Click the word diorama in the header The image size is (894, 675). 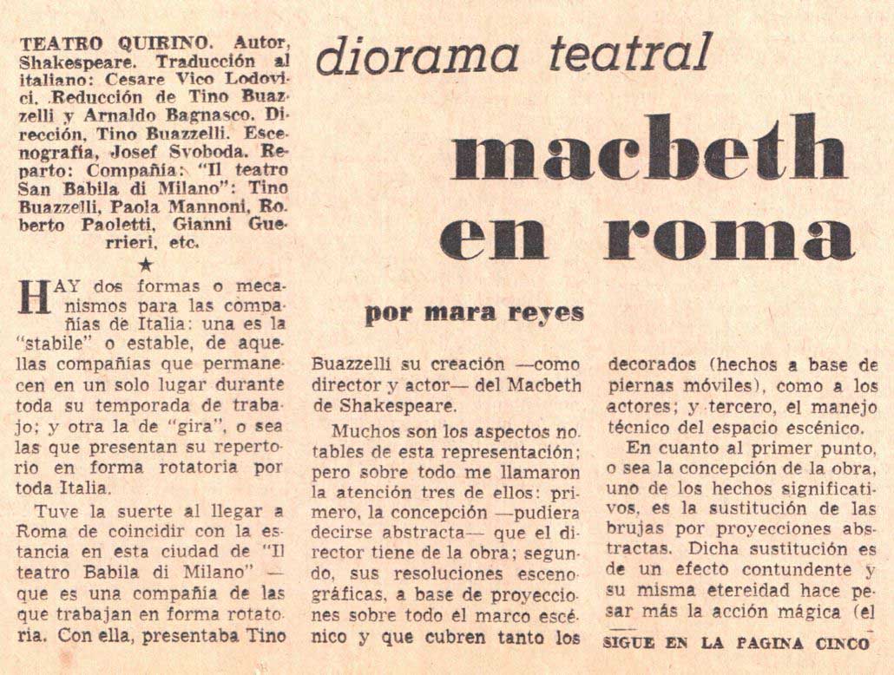click(417, 57)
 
